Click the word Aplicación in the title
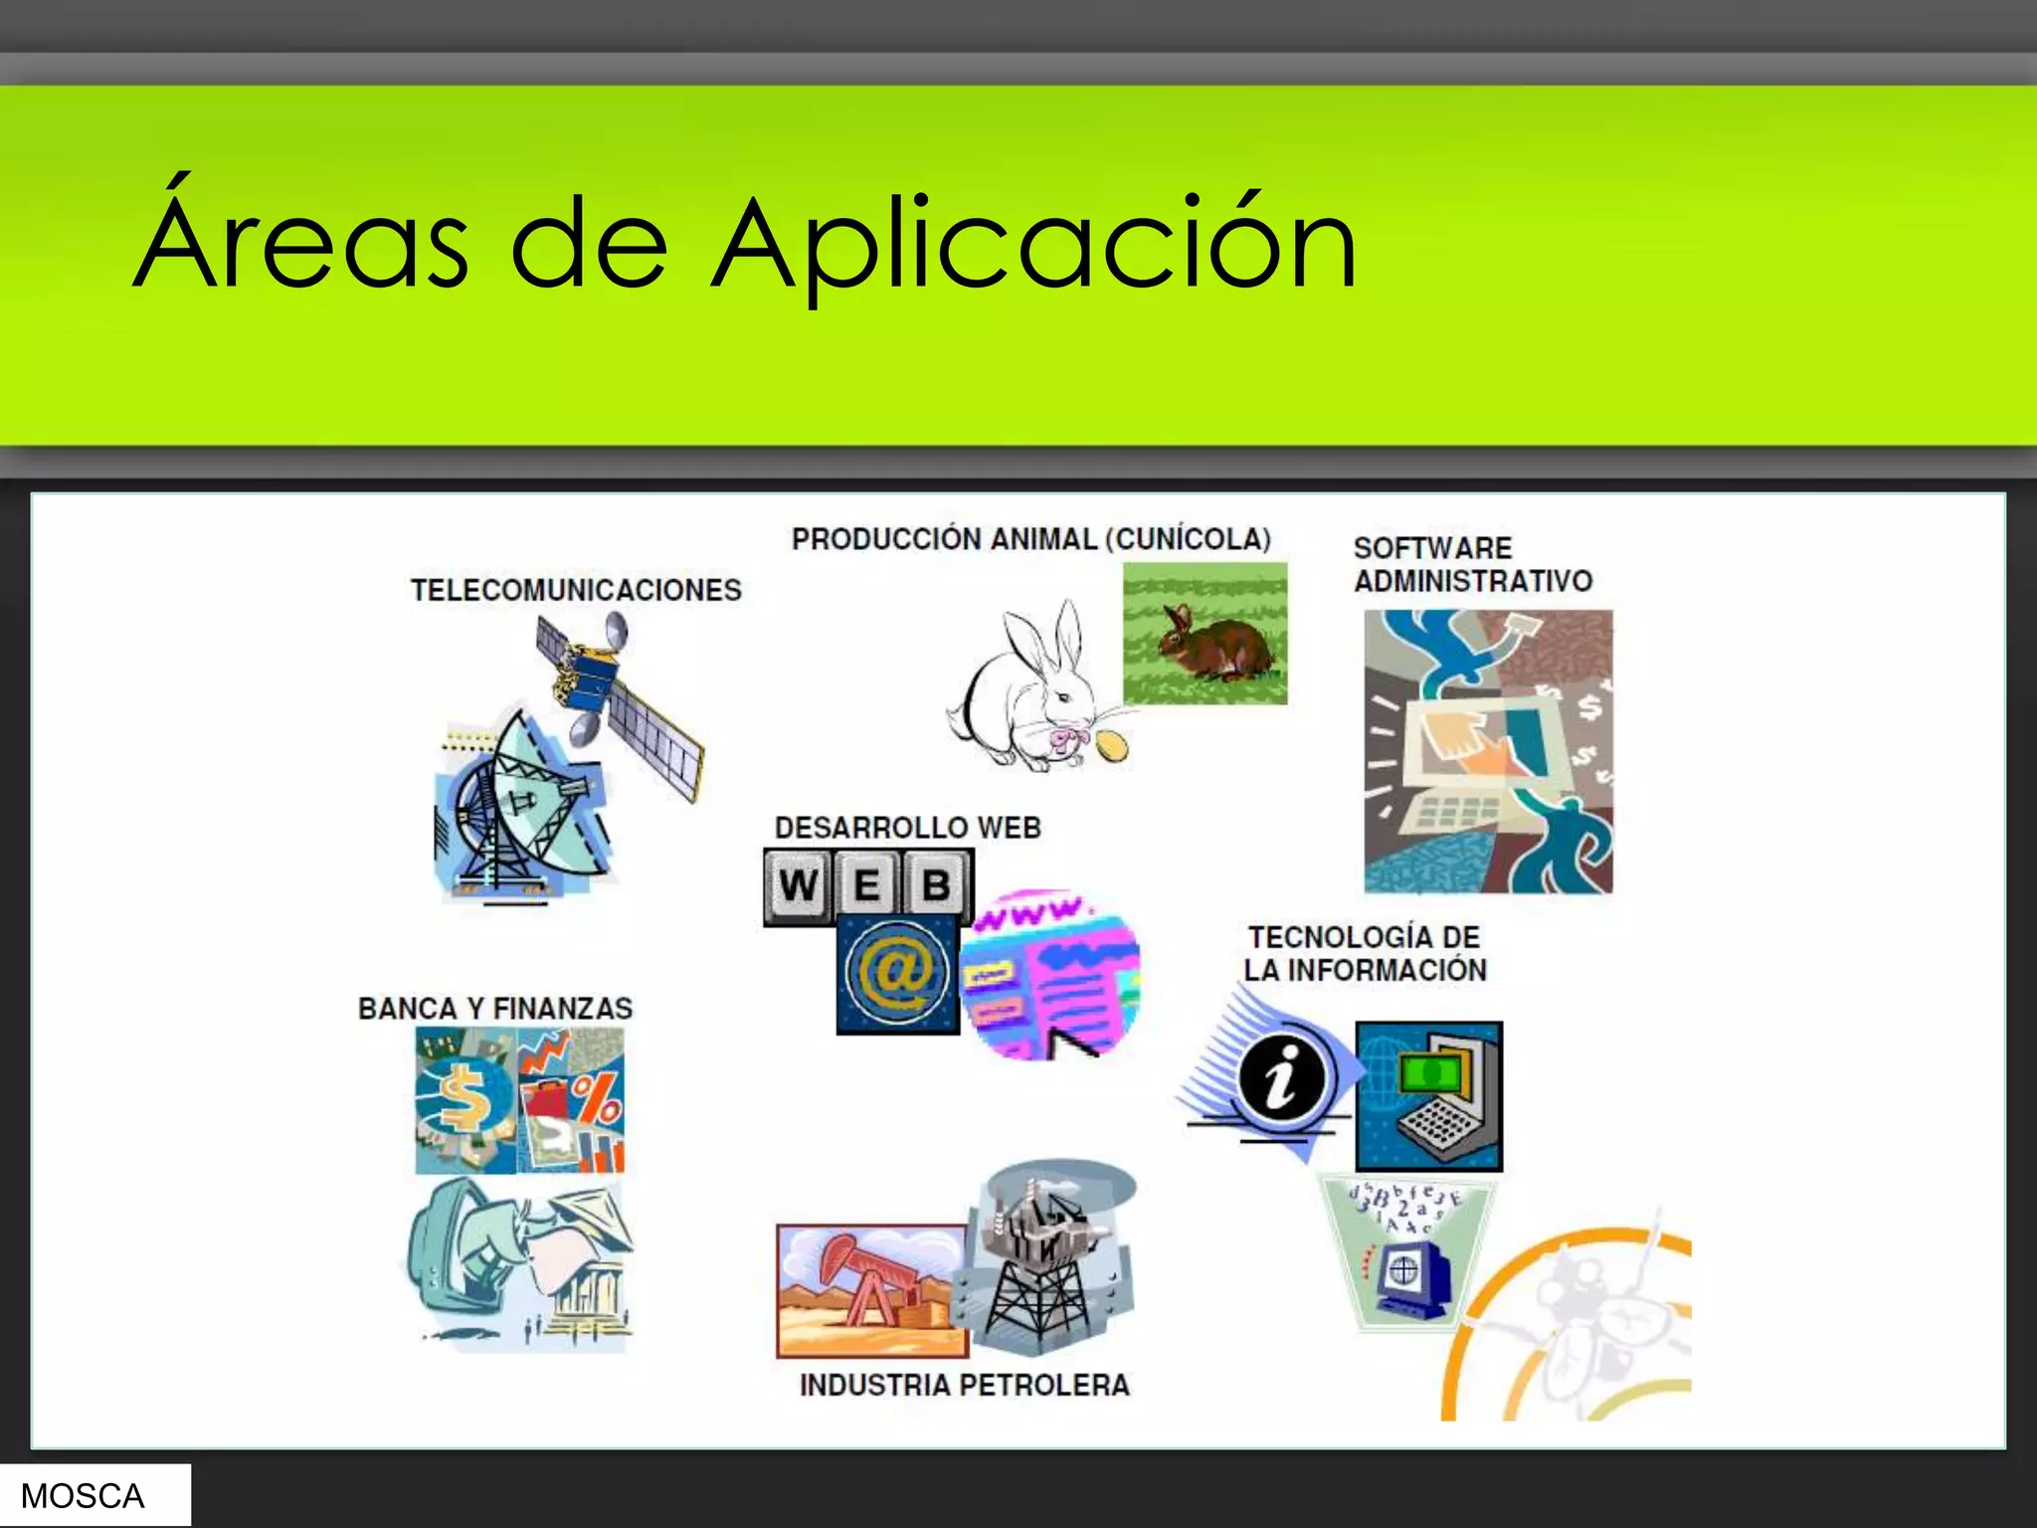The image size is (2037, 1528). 1034,244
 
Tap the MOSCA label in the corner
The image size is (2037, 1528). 84,1495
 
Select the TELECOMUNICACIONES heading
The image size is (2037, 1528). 576,590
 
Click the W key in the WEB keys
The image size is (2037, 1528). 798,884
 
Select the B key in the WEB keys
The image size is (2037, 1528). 935,884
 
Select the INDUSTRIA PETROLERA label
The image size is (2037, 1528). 964,1385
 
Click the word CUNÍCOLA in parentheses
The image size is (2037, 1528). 1193,539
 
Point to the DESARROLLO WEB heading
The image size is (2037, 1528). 907,828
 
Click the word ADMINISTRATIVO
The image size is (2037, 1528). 1472,581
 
